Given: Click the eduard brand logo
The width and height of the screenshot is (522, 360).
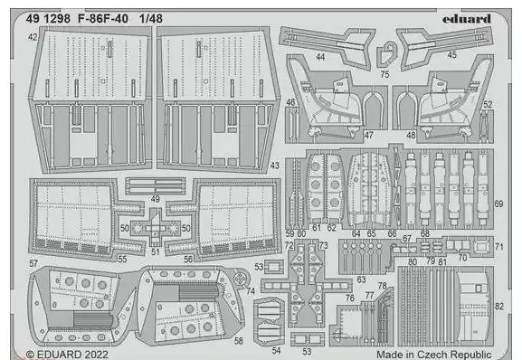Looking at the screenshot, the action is [467, 19].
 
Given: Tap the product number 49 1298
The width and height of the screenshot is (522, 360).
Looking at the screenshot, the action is [48, 19].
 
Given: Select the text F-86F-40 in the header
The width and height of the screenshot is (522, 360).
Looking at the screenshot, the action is [103, 19].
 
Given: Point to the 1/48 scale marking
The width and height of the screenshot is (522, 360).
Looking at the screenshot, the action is [151, 19].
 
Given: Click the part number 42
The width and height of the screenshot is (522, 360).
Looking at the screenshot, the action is [33, 37].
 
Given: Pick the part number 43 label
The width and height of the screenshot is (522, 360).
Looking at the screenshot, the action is [274, 166].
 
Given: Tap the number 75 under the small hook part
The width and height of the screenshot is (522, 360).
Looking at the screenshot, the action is [384, 74].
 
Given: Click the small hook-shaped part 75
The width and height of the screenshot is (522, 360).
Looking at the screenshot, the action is [386, 53].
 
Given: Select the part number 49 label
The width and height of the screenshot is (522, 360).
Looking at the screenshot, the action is [155, 199].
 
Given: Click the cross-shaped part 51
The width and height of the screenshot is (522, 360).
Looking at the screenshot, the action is [155, 228].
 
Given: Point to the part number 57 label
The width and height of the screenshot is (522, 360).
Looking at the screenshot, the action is [33, 263].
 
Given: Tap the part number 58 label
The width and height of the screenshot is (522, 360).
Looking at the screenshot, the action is [238, 341].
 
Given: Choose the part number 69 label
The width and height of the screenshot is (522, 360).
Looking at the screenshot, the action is [498, 204].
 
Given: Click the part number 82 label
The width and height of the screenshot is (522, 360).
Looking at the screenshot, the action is [499, 306].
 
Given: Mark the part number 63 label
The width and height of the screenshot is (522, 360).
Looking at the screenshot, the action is [361, 279].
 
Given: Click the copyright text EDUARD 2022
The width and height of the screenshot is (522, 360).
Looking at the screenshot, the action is [67, 355].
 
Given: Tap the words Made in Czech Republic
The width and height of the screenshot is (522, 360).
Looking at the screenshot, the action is [434, 355].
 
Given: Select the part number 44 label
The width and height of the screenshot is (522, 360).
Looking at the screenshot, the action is [320, 57].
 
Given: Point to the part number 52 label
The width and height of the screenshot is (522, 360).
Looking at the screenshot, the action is [488, 105].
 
